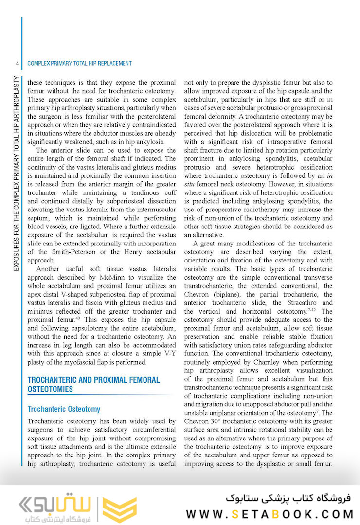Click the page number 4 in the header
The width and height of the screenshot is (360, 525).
pyautogui.click(x=17, y=63)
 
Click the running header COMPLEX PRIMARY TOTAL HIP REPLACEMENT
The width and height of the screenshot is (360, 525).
pyautogui.click(x=80, y=63)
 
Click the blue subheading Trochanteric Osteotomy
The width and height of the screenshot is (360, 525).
pyautogui.click(x=64, y=409)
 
